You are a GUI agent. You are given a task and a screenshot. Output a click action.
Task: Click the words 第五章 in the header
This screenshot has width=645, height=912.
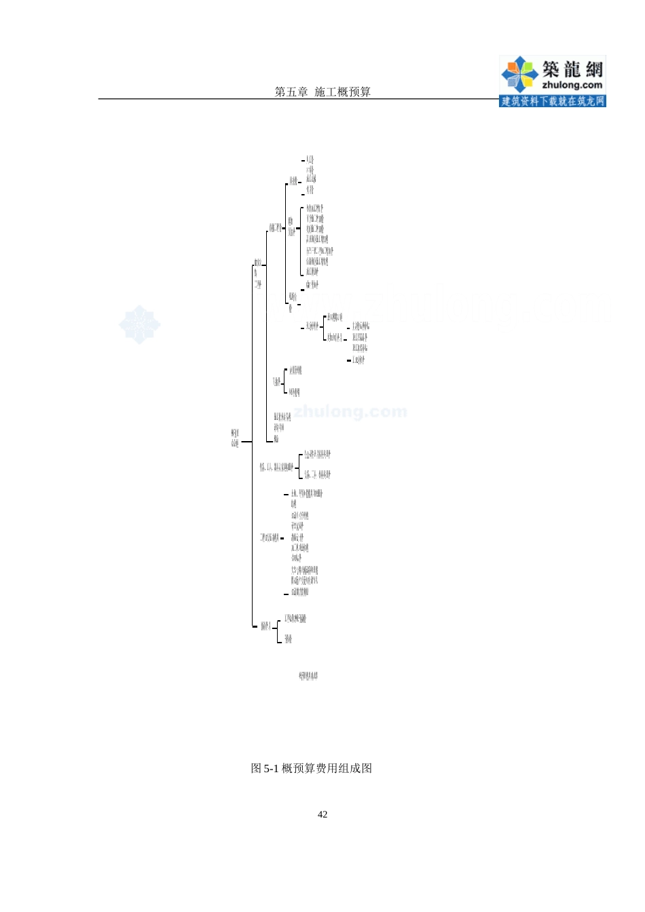pos(291,92)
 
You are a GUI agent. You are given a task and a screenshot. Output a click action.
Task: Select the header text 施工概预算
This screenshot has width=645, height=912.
pos(342,92)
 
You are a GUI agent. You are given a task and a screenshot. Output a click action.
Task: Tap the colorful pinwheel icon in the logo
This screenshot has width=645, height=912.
pos(519,73)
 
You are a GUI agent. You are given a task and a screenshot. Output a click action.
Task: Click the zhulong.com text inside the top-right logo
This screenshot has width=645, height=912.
pos(572,85)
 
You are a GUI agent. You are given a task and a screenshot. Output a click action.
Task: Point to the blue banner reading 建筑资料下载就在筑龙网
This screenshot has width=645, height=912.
pos(552,101)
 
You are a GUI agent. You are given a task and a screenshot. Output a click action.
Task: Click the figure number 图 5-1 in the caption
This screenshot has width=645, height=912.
pos(265,768)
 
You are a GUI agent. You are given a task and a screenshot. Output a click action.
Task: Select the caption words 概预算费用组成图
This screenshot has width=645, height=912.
pos(327,768)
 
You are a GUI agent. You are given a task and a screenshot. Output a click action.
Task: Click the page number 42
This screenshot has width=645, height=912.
pos(322,814)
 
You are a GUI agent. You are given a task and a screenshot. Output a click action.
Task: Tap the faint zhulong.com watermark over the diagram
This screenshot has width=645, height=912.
pos(350,411)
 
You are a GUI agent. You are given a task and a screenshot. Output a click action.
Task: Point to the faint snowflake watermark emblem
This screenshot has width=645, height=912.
pos(140,324)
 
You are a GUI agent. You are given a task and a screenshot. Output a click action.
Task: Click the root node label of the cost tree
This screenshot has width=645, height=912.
pos(235,438)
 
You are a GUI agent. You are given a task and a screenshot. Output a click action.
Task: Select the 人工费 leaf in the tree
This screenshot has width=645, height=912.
pos(310,160)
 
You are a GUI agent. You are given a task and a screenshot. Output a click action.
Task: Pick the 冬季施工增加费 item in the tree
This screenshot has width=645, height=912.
pos(314,208)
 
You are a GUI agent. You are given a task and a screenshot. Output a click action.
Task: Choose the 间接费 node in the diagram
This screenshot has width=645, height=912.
pos(276,382)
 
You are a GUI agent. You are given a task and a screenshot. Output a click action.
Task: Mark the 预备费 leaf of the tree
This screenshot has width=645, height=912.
pos(289,639)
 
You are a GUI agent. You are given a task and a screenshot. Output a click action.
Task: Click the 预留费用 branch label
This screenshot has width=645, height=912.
pos(266,626)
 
